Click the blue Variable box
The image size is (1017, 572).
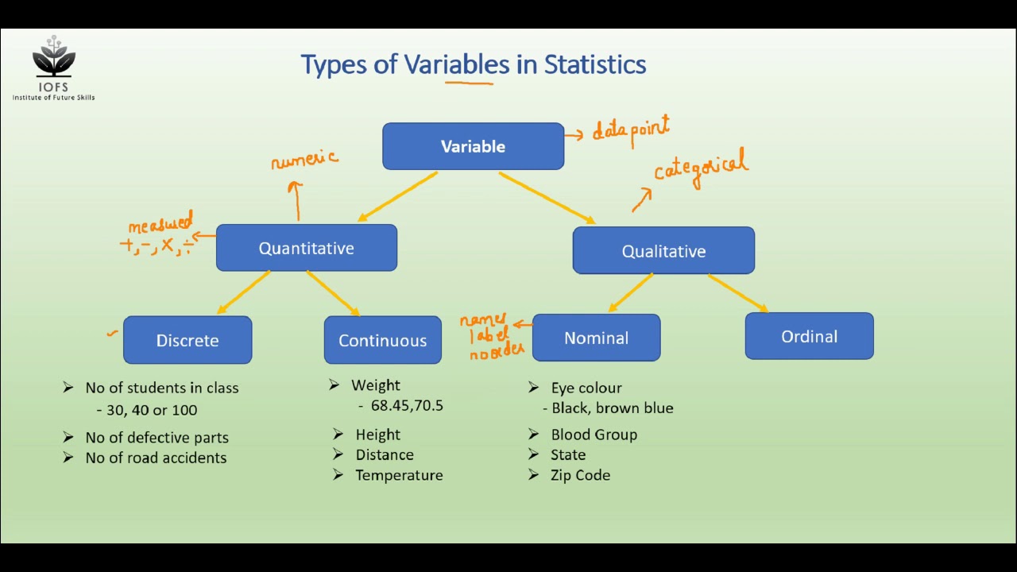[x=473, y=146]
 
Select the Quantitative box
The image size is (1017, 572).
[x=306, y=248]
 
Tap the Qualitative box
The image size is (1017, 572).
[x=663, y=251]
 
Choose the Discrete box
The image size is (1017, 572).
[x=188, y=340]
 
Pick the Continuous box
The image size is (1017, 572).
[x=382, y=340]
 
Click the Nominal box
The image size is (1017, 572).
[x=596, y=338]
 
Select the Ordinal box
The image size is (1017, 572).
[x=809, y=336]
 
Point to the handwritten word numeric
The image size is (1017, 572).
[x=304, y=160]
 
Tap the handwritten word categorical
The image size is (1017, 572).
[x=700, y=168]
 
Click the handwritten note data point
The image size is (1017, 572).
[x=632, y=131]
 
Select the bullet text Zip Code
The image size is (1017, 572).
[x=580, y=475]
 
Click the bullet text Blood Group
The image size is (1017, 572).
[x=594, y=435]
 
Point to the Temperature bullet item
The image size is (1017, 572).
[x=399, y=475]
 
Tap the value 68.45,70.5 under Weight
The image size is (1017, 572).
[x=407, y=406]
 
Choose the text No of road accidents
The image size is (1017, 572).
[x=156, y=458]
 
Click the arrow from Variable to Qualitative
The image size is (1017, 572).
[x=547, y=198]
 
